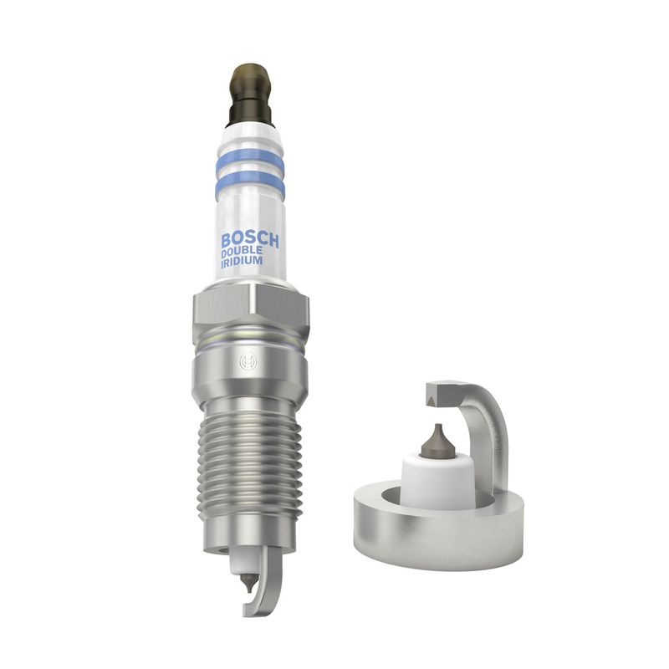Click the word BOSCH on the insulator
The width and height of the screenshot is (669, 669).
(250, 240)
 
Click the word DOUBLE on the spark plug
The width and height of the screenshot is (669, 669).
(242, 253)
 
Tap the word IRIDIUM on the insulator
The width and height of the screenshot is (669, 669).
(242, 261)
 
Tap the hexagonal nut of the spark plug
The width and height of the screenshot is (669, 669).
(251, 308)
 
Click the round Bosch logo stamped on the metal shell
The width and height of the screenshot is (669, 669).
(249, 363)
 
